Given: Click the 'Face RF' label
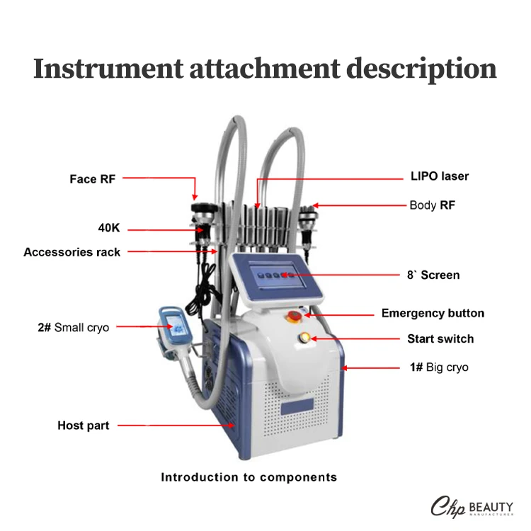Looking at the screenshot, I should (92, 179).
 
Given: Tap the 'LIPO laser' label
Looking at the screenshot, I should (440, 176).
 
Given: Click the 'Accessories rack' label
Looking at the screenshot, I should (72, 252).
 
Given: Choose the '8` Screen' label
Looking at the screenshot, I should (433, 275).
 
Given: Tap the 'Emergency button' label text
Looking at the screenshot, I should (433, 313).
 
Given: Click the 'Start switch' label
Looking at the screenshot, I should (440, 339).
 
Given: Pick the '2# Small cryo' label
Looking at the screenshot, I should (73, 328).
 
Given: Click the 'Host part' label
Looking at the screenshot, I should (84, 426).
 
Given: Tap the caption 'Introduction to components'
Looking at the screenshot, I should (249, 477).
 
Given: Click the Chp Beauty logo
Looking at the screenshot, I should (472, 508).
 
